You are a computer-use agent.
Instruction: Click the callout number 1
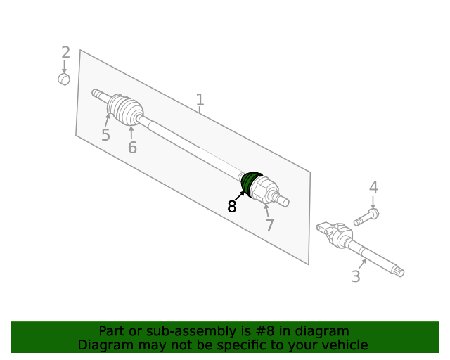click(200, 100)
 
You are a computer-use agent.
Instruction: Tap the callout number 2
click(65, 52)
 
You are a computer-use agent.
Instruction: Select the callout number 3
click(356, 276)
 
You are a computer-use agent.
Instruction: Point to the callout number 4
click(373, 188)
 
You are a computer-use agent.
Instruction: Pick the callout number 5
click(105, 134)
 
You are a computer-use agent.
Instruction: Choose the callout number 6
click(132, 147)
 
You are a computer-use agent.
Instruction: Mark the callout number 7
click(269, 225)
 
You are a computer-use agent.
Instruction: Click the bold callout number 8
click(231, 206)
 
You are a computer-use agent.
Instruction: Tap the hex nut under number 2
click(64, 79)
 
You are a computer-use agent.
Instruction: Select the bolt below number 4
click(366, 217)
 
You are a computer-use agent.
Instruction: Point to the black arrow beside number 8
click(240, 195)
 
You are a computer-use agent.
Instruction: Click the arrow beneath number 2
click(64, 67)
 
